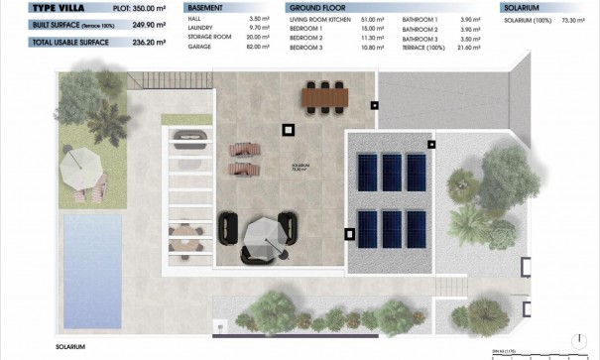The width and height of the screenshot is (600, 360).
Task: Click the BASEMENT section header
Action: click(x=205, y=7)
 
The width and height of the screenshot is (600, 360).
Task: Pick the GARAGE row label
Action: click(x=201, y=46)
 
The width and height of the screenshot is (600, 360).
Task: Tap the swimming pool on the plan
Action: click(x=88, y=252)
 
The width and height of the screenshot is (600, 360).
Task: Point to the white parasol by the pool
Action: click(x=79, y=167)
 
